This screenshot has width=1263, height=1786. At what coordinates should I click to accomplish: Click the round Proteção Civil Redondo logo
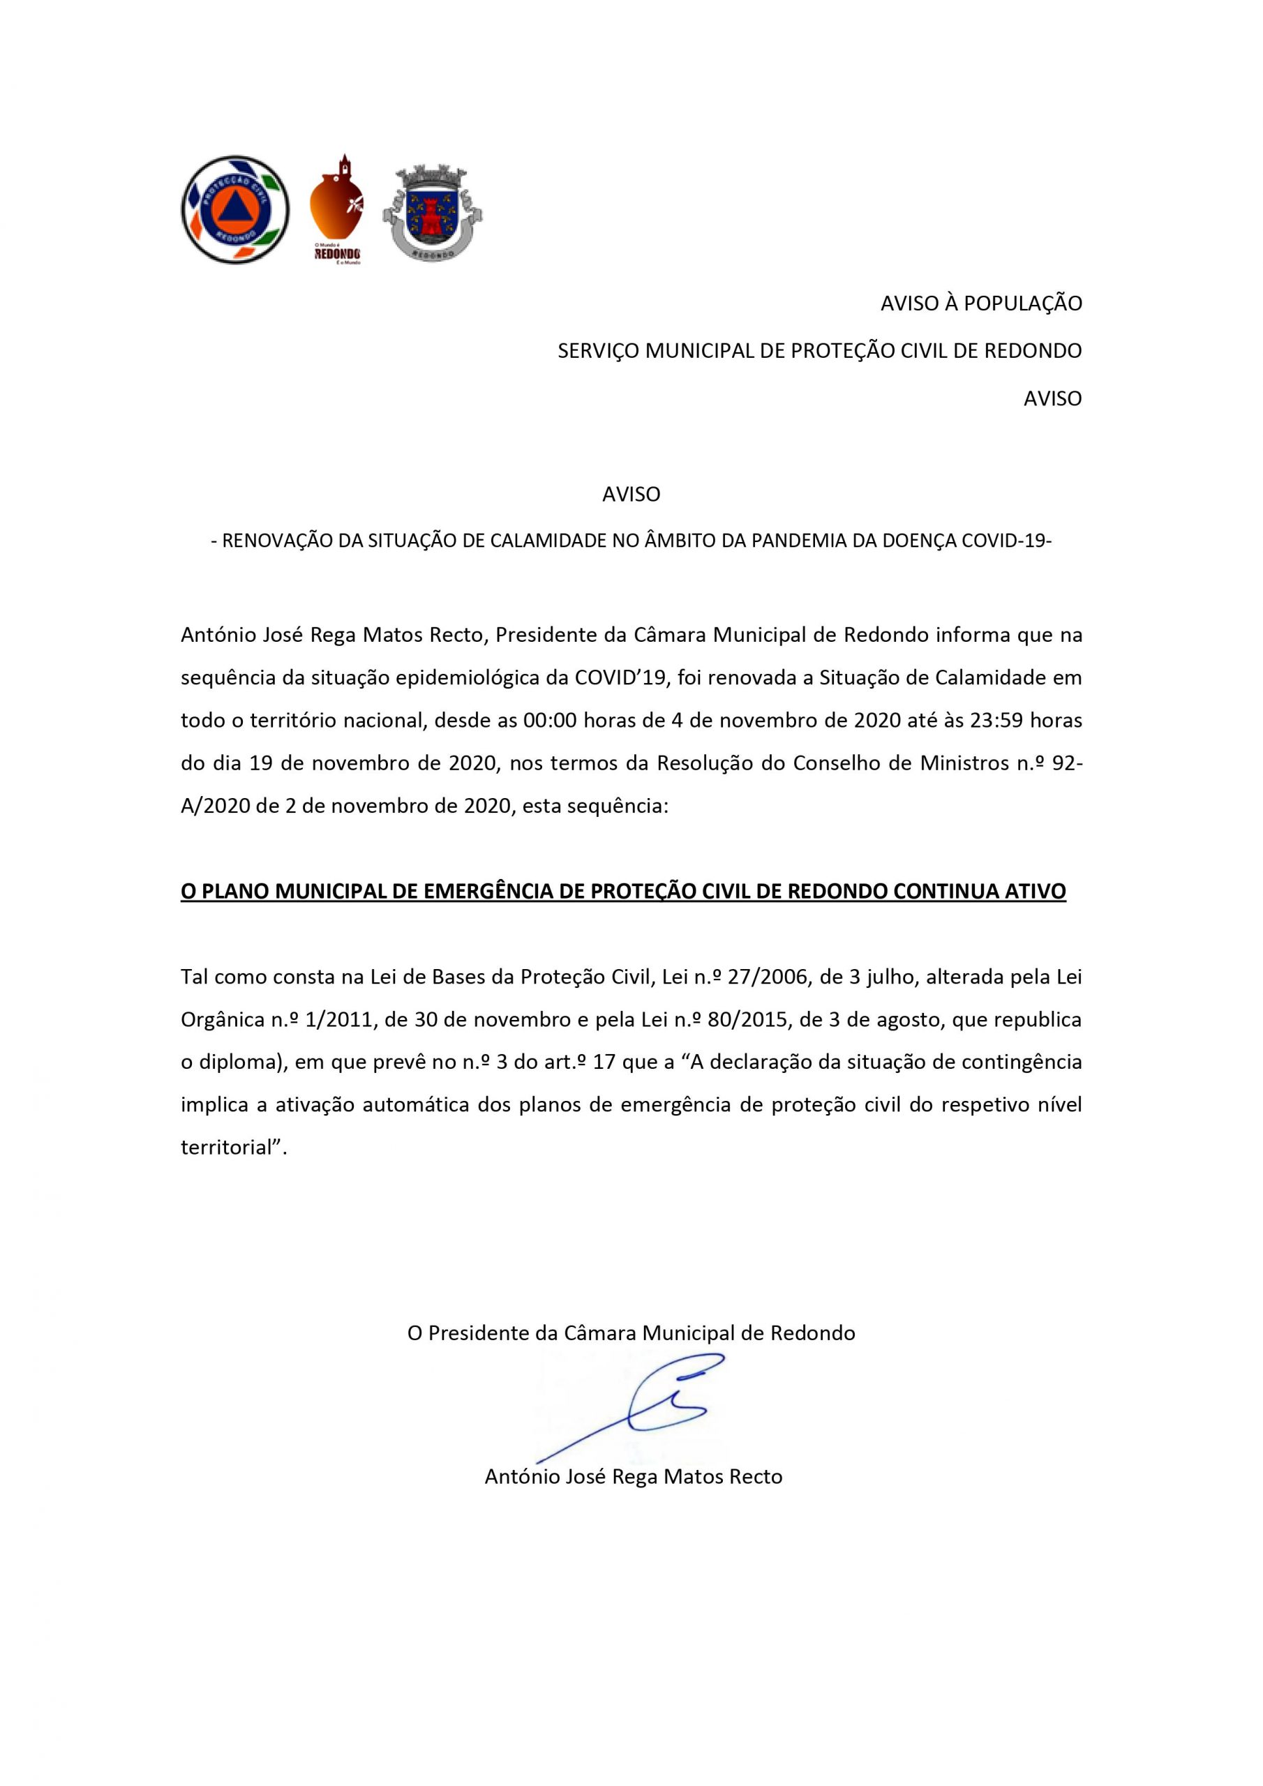pos(235,209)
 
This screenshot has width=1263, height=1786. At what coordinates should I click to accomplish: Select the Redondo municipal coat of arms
pos(433,212)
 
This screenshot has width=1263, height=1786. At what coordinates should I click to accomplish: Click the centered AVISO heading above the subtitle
pos(631,494)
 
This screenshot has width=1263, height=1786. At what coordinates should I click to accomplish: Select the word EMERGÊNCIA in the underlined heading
pos(488,892)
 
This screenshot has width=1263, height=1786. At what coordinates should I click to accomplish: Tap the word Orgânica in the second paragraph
pos(221,1020)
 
